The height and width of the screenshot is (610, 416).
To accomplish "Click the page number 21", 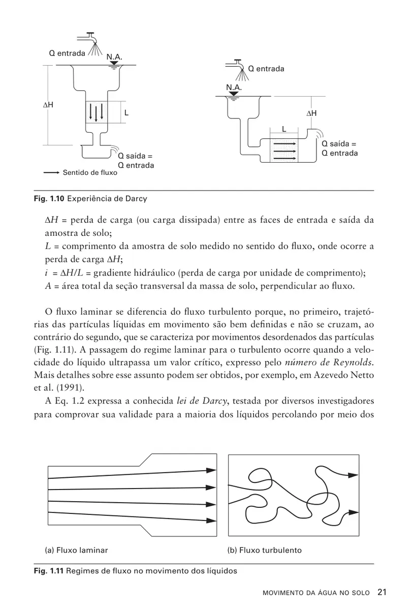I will coord(382,592).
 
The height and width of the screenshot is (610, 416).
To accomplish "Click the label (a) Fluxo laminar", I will coord(76,550).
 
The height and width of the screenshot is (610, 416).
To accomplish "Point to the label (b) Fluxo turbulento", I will coord(264,550).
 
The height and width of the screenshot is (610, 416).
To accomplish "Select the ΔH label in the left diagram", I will coord(49,105).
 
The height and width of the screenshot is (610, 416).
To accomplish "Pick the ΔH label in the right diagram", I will coord(311,113).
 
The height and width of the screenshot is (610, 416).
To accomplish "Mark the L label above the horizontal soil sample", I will coord(284,129).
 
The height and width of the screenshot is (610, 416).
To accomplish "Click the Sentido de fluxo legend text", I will coord(89,173).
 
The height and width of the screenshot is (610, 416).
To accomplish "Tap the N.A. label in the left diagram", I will coord(114,57).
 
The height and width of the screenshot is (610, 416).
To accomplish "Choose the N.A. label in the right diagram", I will coord(234,87).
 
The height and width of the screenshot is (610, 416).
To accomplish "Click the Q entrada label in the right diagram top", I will coord(266,69).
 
